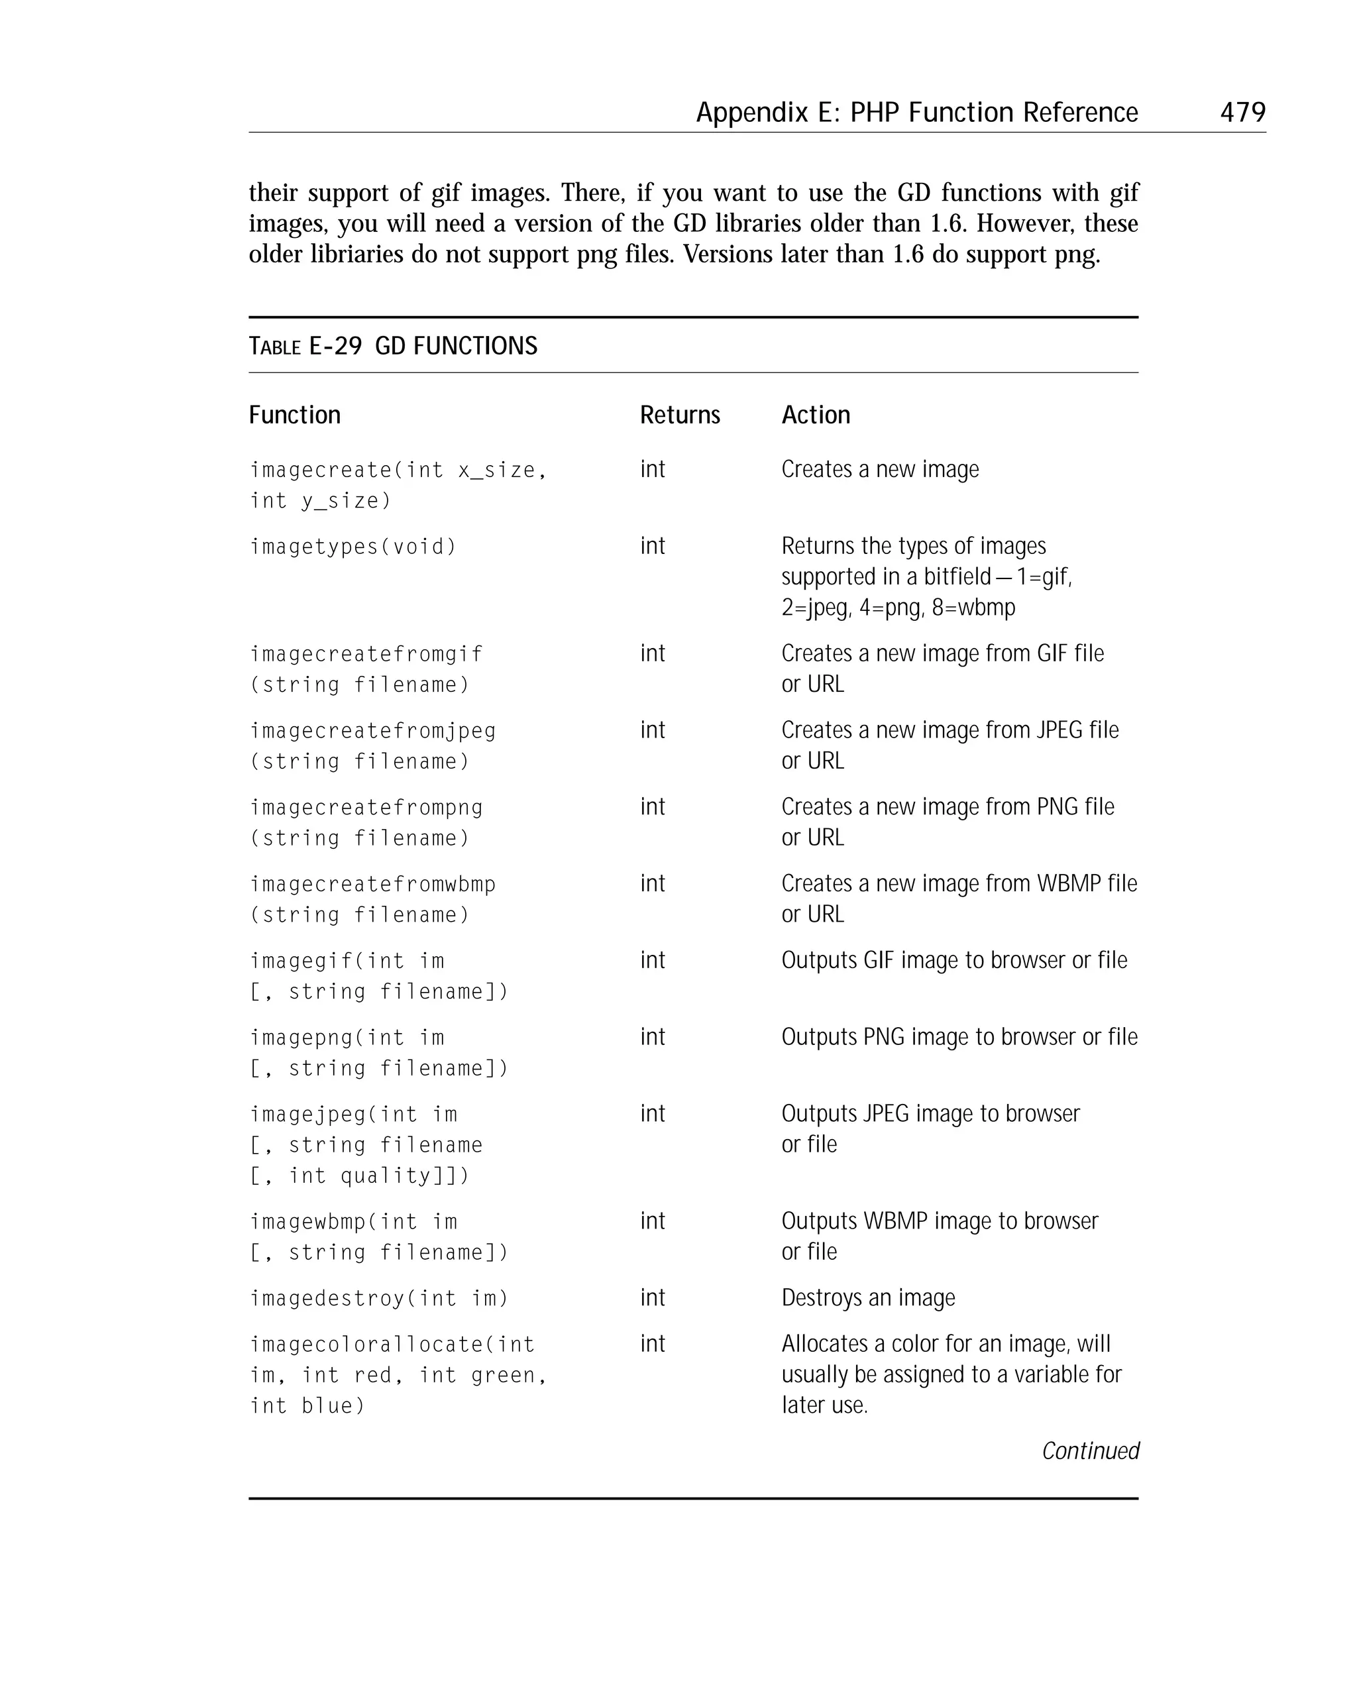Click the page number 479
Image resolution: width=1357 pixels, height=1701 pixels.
click(x=1242, y=112)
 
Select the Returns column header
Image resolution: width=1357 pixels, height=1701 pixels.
click(x=679, y=415)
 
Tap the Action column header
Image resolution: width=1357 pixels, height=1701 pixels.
click(x=815, y=415)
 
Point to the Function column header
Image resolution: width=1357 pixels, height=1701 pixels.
click(x=294, y=415)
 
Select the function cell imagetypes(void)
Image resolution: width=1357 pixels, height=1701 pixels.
click(x=353, y=546)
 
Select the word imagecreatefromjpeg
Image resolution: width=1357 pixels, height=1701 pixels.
click(x=372, y=731)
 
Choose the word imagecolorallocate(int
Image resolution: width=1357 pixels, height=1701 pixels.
click(x=392, y=1344)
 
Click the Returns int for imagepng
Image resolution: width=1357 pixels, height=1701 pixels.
click(x=652, y=1036)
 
